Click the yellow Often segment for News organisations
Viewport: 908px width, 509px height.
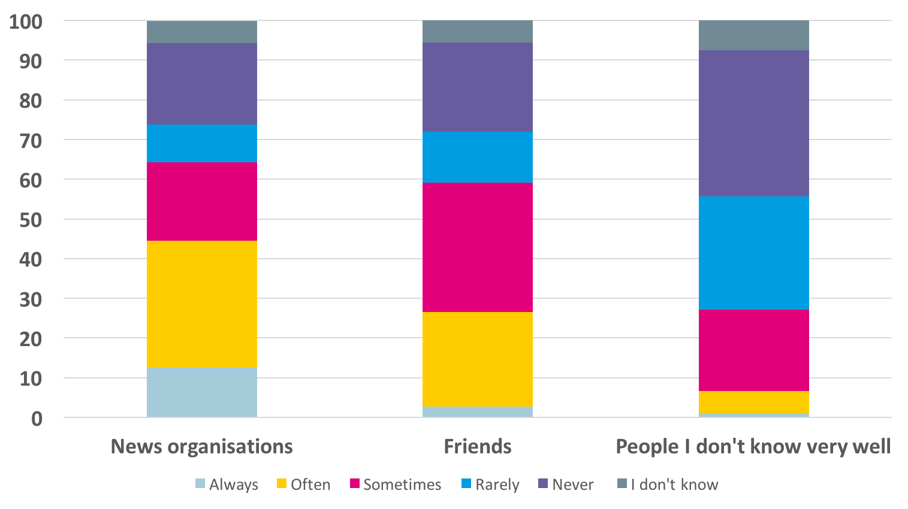click(202, 304)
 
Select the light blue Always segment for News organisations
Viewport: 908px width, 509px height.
click(202, 392)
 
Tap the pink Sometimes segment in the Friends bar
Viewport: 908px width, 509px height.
click(478, 247)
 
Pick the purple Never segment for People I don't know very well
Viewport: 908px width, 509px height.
click(753, 123)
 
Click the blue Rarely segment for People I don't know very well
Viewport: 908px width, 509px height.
click(753, 253)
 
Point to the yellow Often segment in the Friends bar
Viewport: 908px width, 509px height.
click(478, 359)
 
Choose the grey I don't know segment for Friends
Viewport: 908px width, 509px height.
click(478, 32)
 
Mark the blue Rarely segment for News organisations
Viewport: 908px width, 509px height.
click(202, 143)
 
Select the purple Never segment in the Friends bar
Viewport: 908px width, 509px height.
click(478, 87)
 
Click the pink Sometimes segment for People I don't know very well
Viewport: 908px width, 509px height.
click(753, 350)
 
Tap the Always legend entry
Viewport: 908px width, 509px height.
click(227, 484)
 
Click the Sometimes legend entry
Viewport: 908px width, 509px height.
click(396, 484)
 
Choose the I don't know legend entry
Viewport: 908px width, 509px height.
click(668, 484)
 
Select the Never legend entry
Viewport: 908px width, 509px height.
click(566, 484)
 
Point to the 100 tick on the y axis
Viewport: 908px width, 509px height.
click(26, 22)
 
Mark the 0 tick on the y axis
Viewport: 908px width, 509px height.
click(37, 419)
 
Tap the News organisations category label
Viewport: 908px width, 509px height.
click(202, 447)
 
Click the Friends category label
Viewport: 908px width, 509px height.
click(478, 447)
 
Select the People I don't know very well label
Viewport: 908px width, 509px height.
click(753, 447)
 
